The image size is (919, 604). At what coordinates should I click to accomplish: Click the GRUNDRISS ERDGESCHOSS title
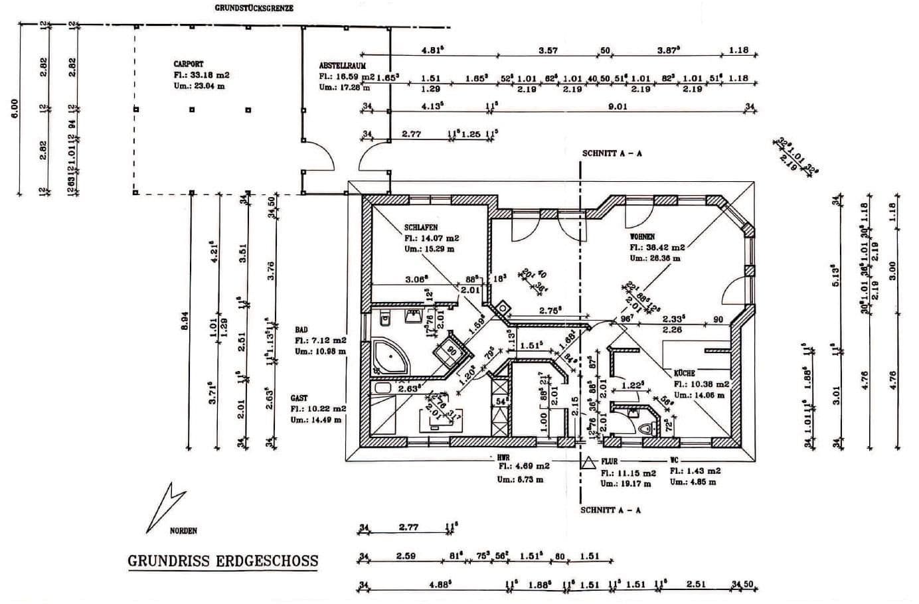click(222, 561)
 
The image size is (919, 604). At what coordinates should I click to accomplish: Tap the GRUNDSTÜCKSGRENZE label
click(254, 9)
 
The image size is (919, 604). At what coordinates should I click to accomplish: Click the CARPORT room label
click(189, 65)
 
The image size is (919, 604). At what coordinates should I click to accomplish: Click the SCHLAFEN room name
click(421, 228)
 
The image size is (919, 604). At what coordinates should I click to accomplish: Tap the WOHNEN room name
click(642, 237)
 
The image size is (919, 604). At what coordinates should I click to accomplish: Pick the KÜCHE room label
click(685, 374)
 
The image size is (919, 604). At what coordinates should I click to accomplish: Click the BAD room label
click(301, 329)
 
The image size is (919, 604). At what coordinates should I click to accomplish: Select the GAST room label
click(299, 398)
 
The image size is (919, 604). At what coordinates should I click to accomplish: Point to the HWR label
click(503, 457)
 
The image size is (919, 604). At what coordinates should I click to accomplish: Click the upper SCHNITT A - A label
click(612, 153)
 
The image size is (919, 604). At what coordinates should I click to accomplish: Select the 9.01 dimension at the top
click(618, 106)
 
